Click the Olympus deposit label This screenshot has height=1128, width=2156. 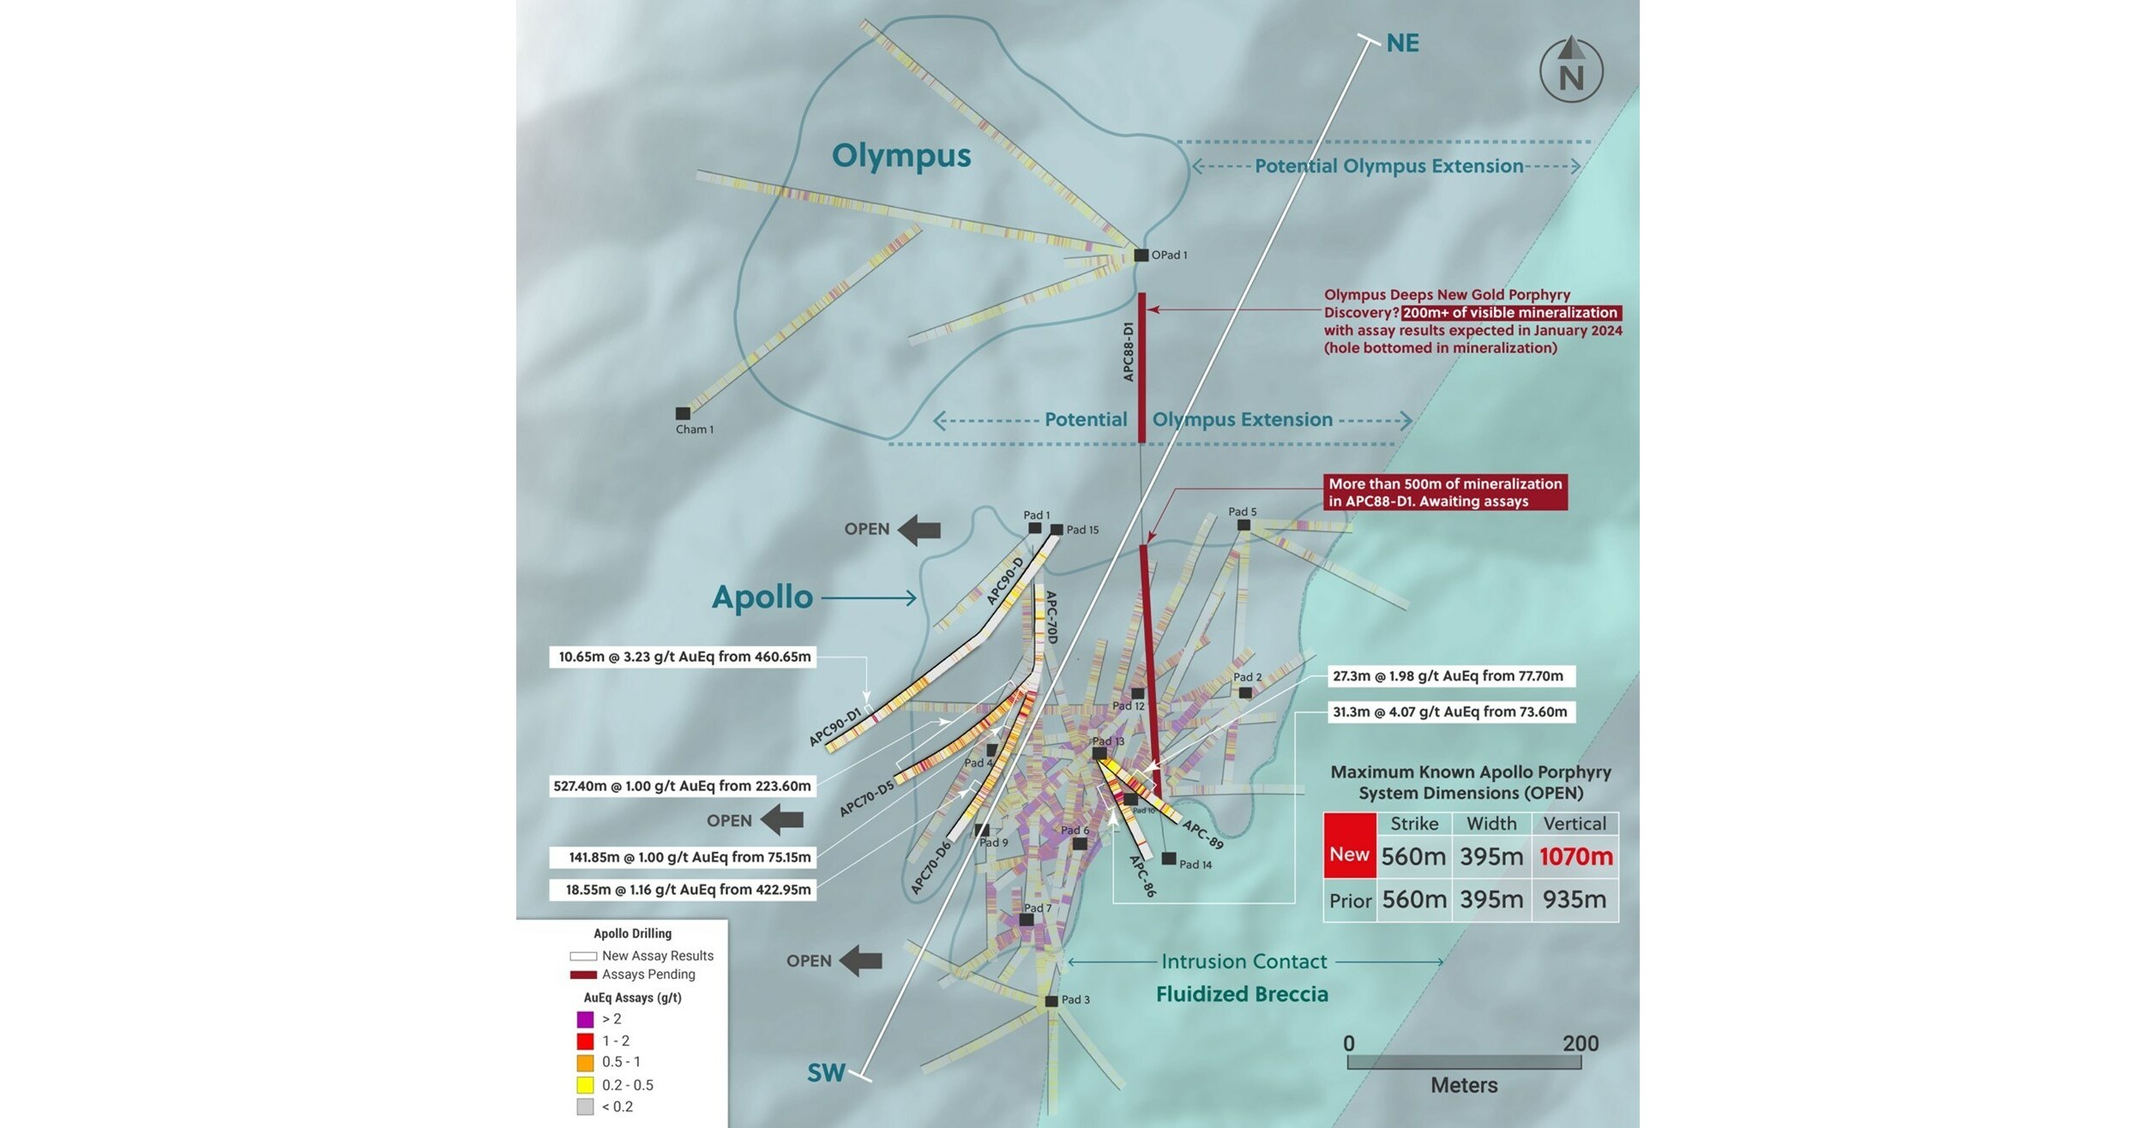point(901,156)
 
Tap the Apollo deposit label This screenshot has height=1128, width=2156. point(762,597)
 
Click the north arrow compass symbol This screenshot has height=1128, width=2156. point(1571,70)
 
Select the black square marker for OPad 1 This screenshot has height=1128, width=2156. point(1141,255)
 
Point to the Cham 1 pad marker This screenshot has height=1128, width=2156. point(683,413)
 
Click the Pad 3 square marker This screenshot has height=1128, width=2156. point(1051,1000)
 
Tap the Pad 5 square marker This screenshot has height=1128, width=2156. point(1244,525)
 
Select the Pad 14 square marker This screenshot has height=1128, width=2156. point(1168,858)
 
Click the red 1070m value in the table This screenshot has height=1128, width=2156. point(1575,856)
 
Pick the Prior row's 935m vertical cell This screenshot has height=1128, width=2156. point(1575,899)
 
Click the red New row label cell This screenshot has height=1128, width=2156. point(1349,854)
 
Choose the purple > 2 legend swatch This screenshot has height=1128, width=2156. point(585,1019)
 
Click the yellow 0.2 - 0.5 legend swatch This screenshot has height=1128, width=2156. point(585,1084)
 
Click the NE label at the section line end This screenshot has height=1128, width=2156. point(1402,43)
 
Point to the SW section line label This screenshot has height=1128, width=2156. point(826,1073)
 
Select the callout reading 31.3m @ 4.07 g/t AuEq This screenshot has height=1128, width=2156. point(1450,711)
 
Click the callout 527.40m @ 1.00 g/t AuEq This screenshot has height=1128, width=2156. point(682,786)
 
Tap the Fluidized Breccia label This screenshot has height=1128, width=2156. point(1242,994)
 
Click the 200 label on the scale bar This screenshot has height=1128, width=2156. point(1580,1043)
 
